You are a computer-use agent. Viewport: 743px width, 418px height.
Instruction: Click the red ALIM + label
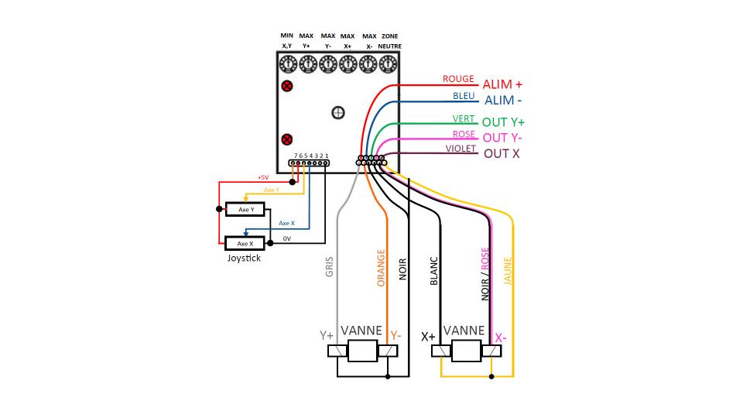(x=502, y=84)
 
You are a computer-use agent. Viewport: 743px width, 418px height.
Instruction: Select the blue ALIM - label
(x=503, y=101)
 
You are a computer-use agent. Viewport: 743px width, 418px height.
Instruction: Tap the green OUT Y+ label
(x=503, y=122)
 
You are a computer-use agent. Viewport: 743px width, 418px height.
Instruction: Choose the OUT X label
(x=502, y=153)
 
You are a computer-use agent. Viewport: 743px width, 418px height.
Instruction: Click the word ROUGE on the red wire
(x=458, y=79)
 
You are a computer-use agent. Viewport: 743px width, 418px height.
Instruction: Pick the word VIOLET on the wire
(x=461, y=149)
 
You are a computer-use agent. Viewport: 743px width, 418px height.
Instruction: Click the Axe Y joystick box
(x=245, y=209)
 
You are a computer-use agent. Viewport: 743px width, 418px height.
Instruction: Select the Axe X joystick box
(x=245, y=243)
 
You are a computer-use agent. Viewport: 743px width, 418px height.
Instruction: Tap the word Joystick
(x=244, y=258)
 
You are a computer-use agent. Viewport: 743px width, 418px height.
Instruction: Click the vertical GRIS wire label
(x=330, y=268)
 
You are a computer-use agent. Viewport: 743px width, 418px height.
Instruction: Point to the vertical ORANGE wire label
(x=381, y=268)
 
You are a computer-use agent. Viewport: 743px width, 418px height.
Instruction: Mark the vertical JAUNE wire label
(x=508, y=272)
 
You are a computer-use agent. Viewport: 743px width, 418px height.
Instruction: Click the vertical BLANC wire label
(x=433, y=272)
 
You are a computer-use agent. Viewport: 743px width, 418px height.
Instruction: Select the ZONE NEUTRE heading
(x=389, y=41)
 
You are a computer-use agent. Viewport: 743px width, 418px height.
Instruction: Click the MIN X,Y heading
(x=287, y=41)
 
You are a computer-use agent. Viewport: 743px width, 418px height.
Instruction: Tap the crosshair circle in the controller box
(x=337, y=113)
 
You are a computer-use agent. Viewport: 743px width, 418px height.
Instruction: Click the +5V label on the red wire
(x=263, y=176)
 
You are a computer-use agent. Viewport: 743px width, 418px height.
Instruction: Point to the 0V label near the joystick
(x=286, y=238)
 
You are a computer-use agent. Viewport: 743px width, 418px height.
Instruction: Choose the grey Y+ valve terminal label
(x=327, y=336)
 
